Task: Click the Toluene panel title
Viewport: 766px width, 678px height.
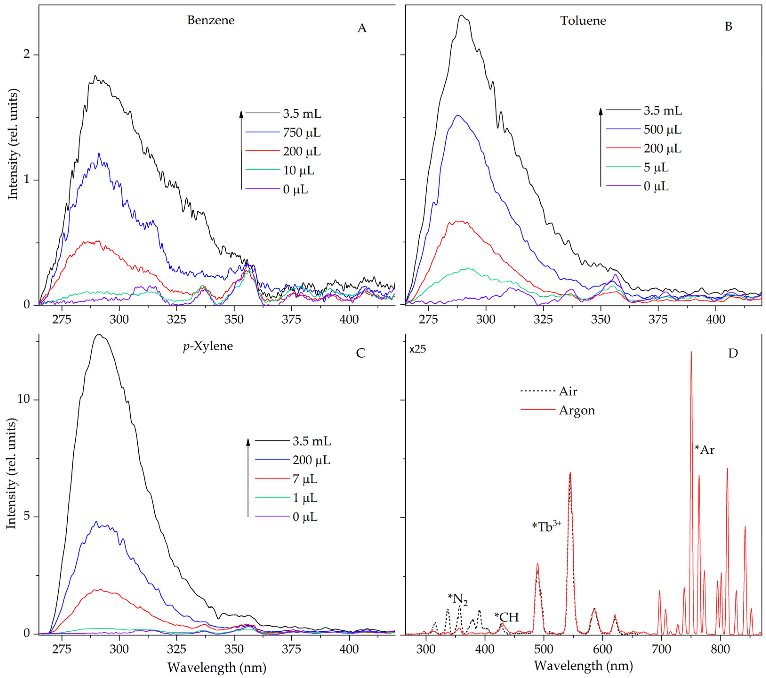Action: [x=583, y=21]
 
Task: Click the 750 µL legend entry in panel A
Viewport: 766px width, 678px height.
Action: [x=302, y=132]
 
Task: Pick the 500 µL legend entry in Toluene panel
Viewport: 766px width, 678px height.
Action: [x=662, y=130]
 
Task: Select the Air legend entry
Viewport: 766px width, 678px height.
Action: [x=568, y=391]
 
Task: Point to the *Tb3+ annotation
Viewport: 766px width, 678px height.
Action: [x=546, y=527]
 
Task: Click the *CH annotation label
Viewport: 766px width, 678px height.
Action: [x=506, y=617]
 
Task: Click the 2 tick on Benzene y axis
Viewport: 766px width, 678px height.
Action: [x=26, y=54]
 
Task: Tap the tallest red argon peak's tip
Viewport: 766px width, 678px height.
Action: [x=691, y=352]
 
